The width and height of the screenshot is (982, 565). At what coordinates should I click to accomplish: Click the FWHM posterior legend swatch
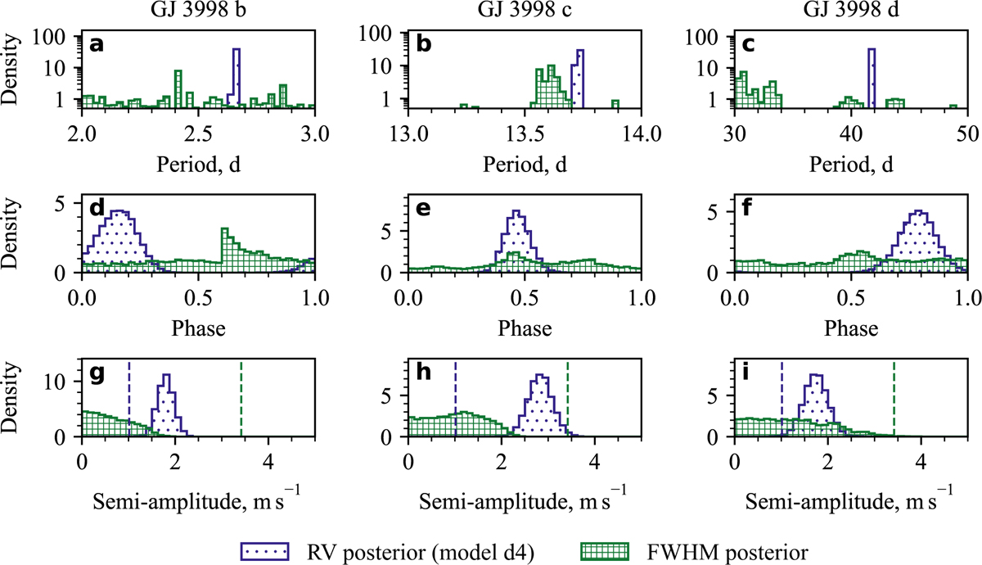tap(601, 543)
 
